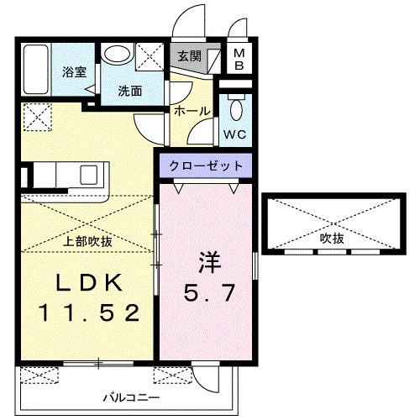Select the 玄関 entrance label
coord(187,57)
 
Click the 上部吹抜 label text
coord(88,241)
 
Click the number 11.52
coord(87,313)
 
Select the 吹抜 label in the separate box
coord(332,238)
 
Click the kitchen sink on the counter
coord(88,176)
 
